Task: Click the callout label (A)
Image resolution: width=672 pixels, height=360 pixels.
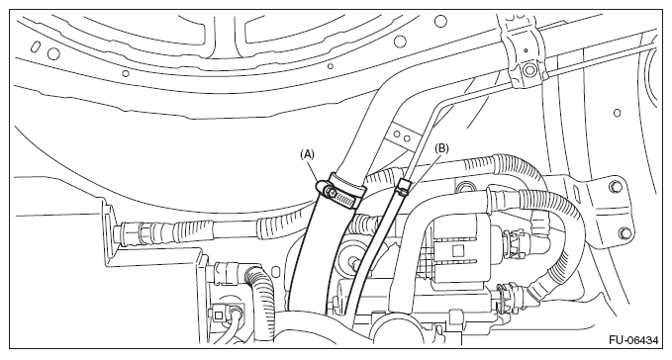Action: (x=307, y=154)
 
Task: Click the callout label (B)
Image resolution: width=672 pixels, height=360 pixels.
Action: (x=441, y=148)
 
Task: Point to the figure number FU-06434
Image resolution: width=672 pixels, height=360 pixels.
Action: (x=633, y=340)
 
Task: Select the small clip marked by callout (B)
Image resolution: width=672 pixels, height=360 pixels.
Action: (x=404, y=187)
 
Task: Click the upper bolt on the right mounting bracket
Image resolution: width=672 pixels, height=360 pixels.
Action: (x=617, y=186)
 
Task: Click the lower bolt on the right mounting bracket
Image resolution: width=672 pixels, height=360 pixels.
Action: (x=624, y=232)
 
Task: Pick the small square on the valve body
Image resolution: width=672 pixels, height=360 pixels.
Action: (x=457, y=249)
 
